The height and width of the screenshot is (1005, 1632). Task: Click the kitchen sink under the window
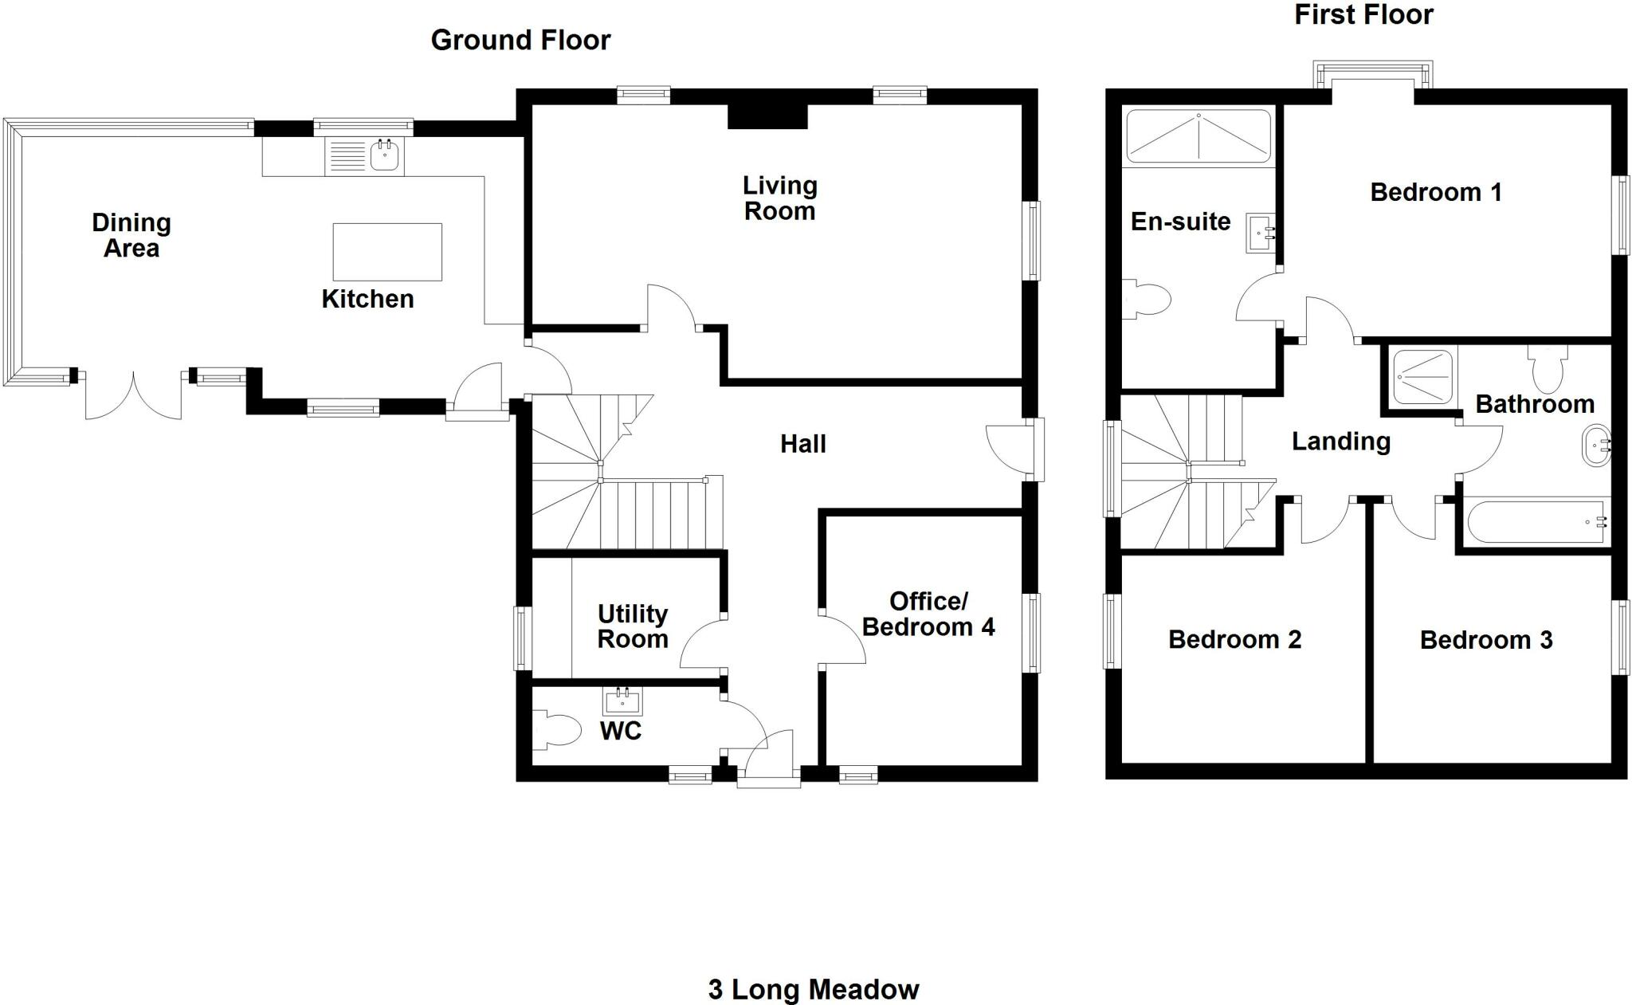385,155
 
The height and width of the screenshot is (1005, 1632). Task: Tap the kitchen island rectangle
387,252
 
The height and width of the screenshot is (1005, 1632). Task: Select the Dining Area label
131,235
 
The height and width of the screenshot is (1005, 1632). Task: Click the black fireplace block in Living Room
767,116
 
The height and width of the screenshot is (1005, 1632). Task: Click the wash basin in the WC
622,702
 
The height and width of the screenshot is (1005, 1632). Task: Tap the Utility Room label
633,626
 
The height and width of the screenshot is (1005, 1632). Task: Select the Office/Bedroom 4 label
928,614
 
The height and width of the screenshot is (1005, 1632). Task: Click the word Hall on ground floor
802,444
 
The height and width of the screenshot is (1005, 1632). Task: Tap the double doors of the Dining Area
134,395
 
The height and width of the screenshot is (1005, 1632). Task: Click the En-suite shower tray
1198,136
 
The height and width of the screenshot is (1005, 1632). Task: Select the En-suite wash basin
1259,233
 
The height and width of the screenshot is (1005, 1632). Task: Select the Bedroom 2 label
1234,639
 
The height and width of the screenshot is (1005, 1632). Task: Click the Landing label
1340,441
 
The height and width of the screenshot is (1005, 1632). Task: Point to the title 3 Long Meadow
813,990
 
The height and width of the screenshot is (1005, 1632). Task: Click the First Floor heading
1363,14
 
